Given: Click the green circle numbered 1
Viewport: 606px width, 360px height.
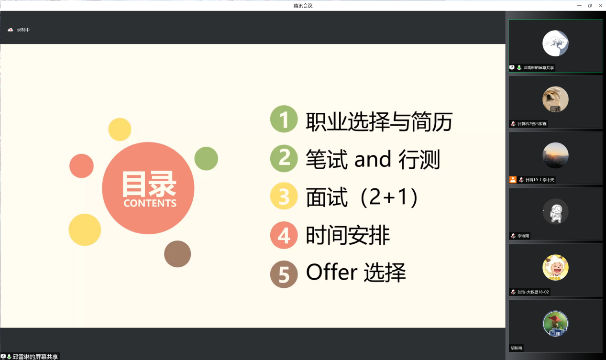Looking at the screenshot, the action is click(284, 119).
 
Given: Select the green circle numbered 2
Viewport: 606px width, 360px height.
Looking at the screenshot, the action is click(284, 158).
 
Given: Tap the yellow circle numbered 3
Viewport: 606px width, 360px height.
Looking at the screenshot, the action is click(284, 196).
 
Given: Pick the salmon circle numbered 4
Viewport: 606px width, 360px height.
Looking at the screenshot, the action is click(284, 235).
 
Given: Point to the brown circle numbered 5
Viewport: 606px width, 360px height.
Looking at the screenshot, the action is click(284, 274).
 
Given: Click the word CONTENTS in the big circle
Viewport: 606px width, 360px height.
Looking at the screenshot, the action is click(150, 203).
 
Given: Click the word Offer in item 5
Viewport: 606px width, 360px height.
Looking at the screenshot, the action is click(331, 272).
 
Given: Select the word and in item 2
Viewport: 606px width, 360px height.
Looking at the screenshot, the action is click(373, 159).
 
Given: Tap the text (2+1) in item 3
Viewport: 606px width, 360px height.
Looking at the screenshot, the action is click(389, 197).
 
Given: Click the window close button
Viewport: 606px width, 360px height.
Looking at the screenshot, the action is click(601, 5).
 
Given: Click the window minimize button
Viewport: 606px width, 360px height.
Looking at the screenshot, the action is click(579, 5).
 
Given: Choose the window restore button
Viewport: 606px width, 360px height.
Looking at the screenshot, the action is click(590, 5).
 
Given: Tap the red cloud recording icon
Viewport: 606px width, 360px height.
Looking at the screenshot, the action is click(10, 30).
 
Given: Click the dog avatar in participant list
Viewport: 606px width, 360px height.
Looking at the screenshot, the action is click(555, 99).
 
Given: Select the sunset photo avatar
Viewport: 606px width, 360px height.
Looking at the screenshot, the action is click(555, 155).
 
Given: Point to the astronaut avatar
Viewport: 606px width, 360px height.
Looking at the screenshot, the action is click(555, 211).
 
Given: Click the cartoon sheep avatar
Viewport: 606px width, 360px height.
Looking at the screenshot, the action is click(555, 268).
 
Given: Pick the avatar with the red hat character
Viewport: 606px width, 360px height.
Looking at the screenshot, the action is click(555, 324).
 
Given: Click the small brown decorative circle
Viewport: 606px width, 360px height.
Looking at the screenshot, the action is click(177, 254).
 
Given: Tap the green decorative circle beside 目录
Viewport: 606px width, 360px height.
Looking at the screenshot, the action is click(206, 159).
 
